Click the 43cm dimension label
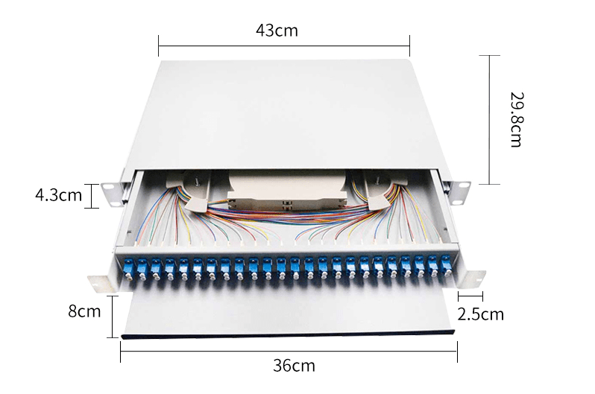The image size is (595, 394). coord(277,31)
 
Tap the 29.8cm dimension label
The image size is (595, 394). coord(516,119)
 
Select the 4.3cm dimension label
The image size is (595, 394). coord(58,195)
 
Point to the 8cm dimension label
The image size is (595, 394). coord(84,311)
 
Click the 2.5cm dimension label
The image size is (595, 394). coord(480,314)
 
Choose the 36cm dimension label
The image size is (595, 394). coord(294,366)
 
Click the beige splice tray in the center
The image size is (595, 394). coord(287,190)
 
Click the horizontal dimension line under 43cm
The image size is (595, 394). coord(284,46)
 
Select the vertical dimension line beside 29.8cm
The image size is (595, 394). coord(490,120)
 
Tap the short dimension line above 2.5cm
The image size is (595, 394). coord(470,296)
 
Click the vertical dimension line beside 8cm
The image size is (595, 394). coord(113,317)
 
